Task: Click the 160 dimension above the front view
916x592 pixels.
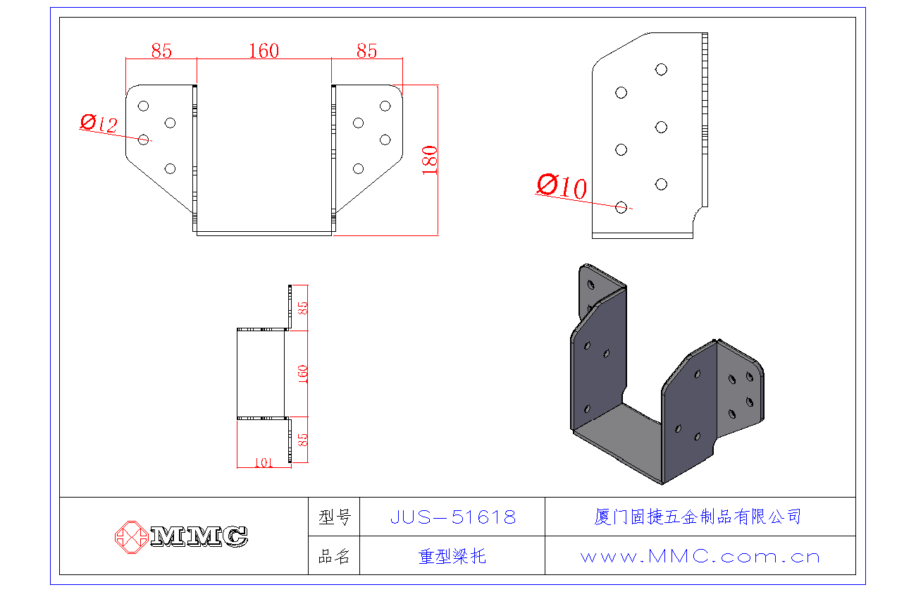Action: [x=264, y=51]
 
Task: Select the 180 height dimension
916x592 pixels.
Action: [x=430, y=159]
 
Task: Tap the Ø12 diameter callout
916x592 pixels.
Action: [x=99, y=124]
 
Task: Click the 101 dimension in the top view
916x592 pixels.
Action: [x=262, y=462]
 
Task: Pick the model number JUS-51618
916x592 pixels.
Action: [x=452, y=517]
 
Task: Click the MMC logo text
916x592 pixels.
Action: [x=199, y=536]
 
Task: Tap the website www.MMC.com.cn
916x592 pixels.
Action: [x=700, y=556]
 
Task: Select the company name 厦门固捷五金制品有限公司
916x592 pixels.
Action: [x=698, y=517]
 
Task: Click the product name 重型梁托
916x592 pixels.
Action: [x=452, y=556]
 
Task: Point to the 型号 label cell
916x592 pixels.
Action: [x=334, y=517]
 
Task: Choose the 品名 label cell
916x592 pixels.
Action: [x=334, y=556]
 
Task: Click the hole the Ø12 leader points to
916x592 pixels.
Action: [x=144, y=140]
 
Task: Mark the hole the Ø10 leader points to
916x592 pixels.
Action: [x=621, y=206]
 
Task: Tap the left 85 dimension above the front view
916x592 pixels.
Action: [x=161, y=51]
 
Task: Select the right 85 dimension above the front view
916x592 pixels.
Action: [x=366, y=51]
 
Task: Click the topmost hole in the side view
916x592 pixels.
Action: [x=661, y=69]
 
